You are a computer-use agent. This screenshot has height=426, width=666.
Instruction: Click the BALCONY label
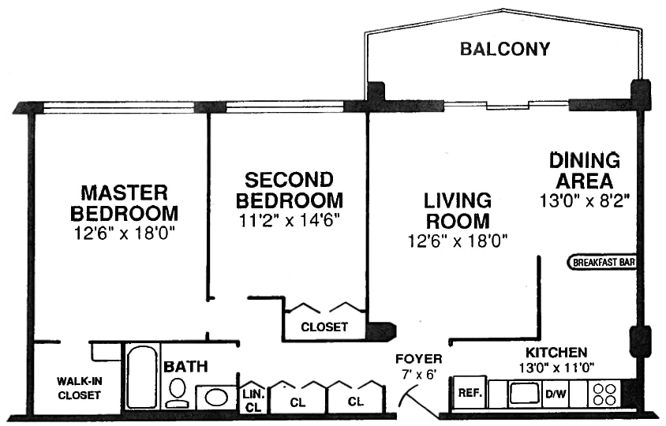(x=505, y=50)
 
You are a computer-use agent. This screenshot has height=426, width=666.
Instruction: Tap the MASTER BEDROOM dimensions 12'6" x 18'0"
(x=124, y=233)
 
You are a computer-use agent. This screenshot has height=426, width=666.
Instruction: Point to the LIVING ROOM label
(x=457, y=211)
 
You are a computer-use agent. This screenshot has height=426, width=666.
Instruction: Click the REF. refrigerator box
(x=470, y=393)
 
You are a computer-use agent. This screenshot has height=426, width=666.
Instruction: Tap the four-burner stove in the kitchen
(x=604, y=393)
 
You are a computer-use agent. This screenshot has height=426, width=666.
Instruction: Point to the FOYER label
(x=418, y=360)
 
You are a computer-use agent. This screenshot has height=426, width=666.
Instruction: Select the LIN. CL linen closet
(x=253, y=399)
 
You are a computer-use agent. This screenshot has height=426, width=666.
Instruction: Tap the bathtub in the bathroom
(x=142, y=376)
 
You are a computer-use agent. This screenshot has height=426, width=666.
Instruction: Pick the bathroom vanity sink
(x=215, y=396)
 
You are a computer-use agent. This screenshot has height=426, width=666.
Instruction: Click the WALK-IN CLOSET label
(x=78, y=388)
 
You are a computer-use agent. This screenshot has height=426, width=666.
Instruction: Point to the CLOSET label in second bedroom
(x=324, y=327)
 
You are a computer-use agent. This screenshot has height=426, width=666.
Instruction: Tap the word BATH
(x=185, y=366)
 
